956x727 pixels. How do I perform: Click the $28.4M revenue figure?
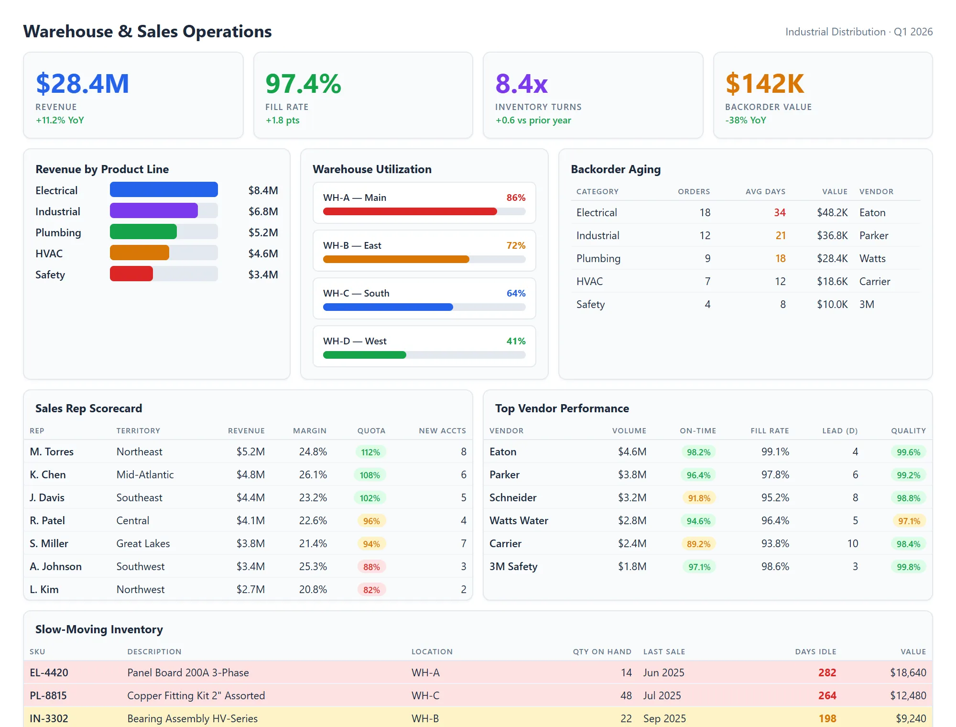tap(82, 84)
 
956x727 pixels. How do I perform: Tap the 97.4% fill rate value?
tap(303, 84)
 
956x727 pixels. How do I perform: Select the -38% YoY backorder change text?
tap(745, 121)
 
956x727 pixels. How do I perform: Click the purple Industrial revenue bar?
tap(153, 211)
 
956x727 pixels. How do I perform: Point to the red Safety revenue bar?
tap(131, 274)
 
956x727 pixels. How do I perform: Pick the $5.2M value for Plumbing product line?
tap(263, 233)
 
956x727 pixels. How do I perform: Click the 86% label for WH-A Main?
tap(516, 198)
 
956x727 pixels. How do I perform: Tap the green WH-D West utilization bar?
tap(364, 355)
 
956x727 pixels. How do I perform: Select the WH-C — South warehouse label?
tap(356, 293)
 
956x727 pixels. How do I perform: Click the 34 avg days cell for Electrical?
tap(780, 213)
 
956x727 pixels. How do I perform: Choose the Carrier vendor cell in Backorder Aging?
tap(874, 282)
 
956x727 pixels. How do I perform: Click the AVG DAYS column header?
tap(765, 192)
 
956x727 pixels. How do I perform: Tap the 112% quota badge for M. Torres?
tap(370, 452)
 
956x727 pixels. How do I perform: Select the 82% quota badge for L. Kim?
tap(371, 590)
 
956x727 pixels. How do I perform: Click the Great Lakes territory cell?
tap(143, 544)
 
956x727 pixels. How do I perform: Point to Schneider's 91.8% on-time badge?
tap(699, 498)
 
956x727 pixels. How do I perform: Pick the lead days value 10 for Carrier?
tap(852, 544)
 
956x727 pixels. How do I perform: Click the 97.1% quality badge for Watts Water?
tap(909, 521)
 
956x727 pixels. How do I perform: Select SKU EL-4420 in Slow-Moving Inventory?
tap(49, 673)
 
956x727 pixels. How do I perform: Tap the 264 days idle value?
tap(827, 696)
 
